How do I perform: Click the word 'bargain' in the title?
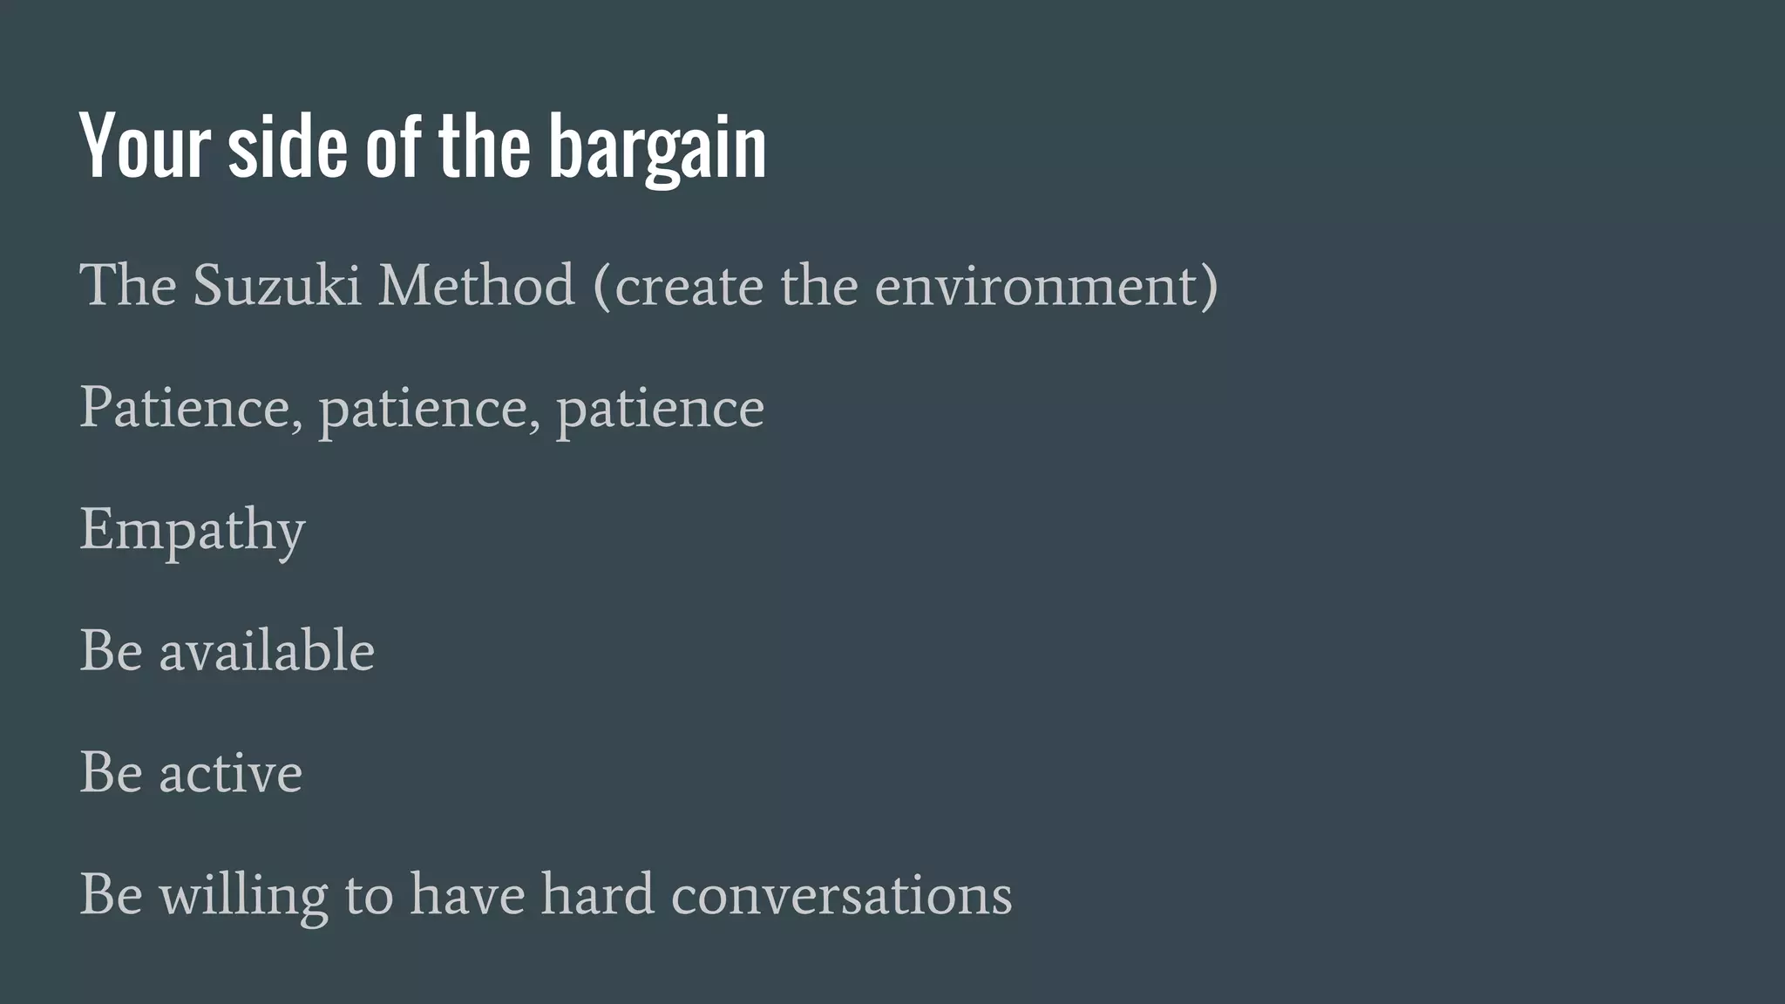(x=657, y=148)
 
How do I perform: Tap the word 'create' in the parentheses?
(x=689, y=286)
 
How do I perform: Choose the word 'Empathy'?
(x=193, y=531)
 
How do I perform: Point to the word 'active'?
(x=230, y=773)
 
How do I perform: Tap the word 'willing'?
(x=243, y=896)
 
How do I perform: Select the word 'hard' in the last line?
(x=597, y=894)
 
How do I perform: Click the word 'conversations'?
(x=841, y=896)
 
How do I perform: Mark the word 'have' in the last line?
(x=467, y=896)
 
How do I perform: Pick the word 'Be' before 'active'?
(x=111, y=773)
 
